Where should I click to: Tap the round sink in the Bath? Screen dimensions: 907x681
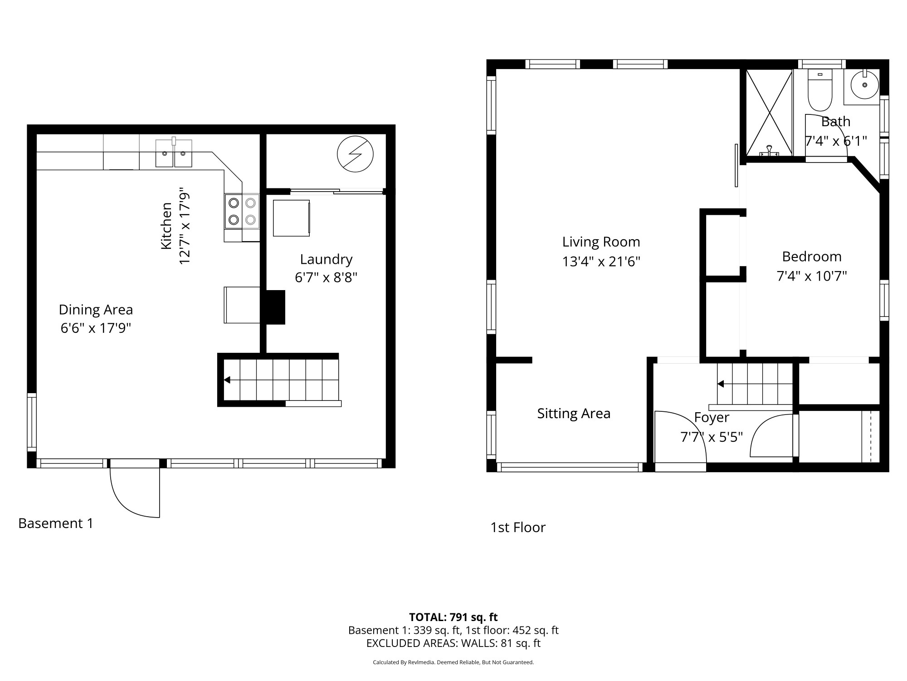click(x=864, y=85)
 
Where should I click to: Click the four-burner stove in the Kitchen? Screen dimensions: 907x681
click(x=242, y=211)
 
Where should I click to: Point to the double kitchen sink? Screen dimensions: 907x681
click(x=174, y=153)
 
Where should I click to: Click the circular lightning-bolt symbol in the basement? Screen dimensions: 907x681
click(x=355, y=154)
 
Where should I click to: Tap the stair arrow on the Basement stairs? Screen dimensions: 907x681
click(x=227, y=380)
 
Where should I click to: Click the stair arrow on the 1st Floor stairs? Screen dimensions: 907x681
click(x=721, y=384)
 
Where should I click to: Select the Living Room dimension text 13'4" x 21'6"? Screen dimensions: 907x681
click(x=601, y=262)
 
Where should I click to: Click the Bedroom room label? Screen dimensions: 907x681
click(x=812, y=257)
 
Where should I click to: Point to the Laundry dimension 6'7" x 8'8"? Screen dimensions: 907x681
click(x=326, y=277)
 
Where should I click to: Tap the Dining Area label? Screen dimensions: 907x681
click(x=96, y=310)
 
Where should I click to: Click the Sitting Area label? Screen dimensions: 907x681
click(x=574, y=414)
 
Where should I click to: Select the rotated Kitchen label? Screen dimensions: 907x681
click(x=166, y=226)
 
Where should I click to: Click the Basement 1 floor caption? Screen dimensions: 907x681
click(x=56, y=523)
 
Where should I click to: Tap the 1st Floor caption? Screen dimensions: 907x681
click(x=518, y=527)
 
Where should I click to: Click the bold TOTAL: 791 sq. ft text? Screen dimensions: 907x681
click(x=453, y=617)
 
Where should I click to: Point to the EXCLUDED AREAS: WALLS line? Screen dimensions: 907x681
click(x=453, y=643)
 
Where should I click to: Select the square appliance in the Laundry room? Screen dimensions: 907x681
click(x=291, y=218)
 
